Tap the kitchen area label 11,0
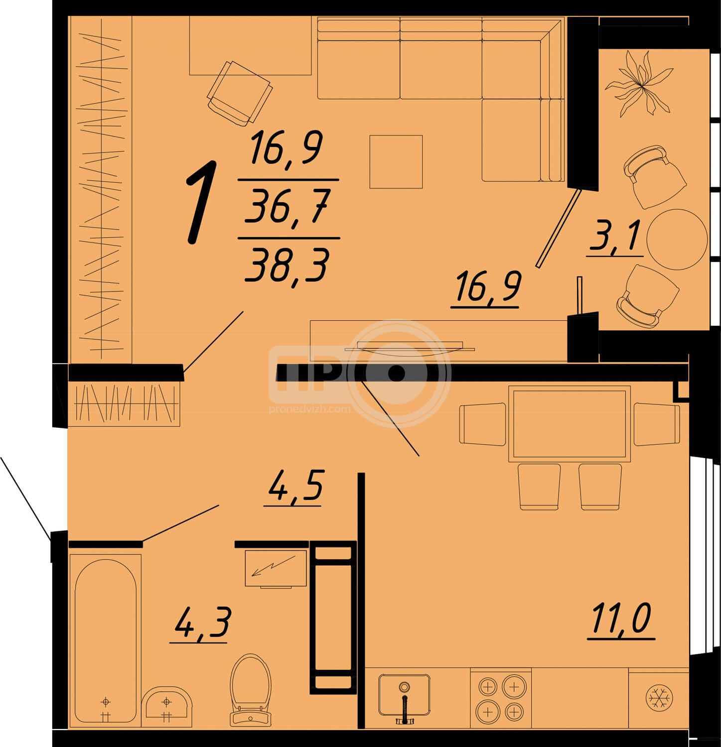click(621, 619)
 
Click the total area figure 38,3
click(288, 266)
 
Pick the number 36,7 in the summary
click(288, 207)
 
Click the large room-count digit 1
click(202, 202)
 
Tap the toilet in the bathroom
click(251, 689)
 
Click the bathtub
click(106, 640)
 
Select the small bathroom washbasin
click(166, 706)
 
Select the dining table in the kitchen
click(570, 424)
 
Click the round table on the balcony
click(677, 239)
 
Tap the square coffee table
click(396, 162)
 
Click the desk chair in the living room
click(240, 93)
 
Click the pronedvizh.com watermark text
click(309, 409)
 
